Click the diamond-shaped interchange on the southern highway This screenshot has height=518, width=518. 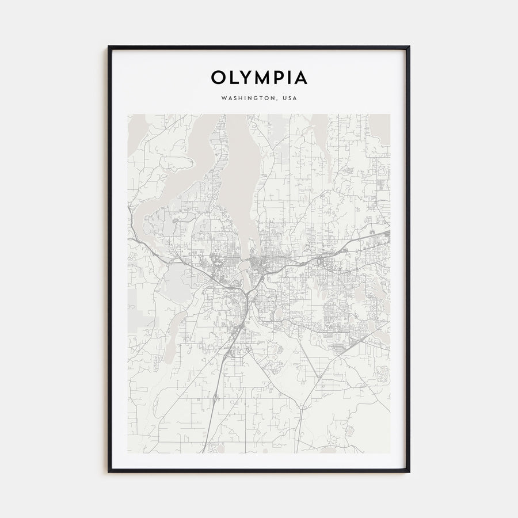(214, 397)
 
